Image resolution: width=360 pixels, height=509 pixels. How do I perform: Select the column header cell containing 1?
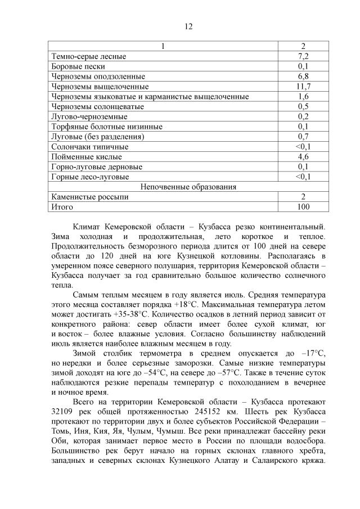click(x=164, y=46)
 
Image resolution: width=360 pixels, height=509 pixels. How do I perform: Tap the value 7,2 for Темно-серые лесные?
click(x=303, y=56)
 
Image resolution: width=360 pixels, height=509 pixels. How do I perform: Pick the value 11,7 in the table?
click(x=303, y=87)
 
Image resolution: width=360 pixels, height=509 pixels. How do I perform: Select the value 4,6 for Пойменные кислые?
click(x=303, y=156)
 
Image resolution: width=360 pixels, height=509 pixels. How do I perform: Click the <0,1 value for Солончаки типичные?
click(x=303, y=146)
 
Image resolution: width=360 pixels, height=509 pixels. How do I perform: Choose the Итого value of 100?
click(x=303, y=206)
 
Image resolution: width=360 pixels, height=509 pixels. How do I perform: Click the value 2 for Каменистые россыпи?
click(x=303, y=197)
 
